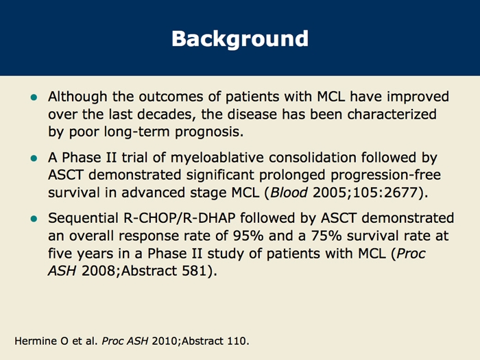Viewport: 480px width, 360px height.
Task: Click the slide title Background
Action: pos(240,39)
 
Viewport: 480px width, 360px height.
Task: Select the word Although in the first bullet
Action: pos(77,97)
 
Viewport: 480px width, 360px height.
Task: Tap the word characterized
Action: pos(392,115)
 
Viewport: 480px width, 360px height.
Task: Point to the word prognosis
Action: pos(209,132)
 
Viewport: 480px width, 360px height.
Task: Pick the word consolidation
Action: pos(313,157)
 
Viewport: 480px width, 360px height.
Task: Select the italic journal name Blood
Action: pos(289,193)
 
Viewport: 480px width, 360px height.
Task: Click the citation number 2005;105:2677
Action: pos(365,193)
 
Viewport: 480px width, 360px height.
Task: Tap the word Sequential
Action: pos(83,219)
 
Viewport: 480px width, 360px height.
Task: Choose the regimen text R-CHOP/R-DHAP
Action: pos(180,218)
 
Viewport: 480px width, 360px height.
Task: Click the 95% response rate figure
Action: pos(248,236)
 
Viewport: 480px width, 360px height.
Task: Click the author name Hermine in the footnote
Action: pos(36,341)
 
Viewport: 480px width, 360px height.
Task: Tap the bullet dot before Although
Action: pos(34,97)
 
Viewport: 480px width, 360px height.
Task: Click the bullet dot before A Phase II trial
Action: pos(34,158)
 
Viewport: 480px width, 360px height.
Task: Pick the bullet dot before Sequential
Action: pos(34,219)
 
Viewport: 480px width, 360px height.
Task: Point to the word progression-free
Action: pos(385,176)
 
